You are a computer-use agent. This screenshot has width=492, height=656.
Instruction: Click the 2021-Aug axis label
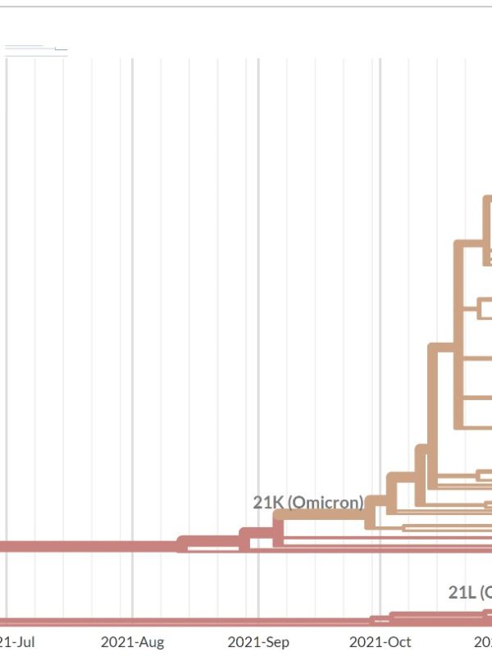[x=132, y=642]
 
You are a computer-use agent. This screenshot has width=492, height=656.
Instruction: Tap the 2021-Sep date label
[x=258, y=642]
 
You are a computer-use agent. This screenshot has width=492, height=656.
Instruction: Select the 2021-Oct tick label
[x=380, y=642]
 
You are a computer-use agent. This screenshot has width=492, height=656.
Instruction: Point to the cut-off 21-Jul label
[x=16, y=642]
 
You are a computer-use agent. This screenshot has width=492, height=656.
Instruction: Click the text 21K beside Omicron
[x=268, y=502]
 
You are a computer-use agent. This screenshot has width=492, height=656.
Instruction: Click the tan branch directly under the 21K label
[x=320, y=514]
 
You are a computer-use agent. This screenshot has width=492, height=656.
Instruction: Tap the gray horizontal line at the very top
[x=246, y=7]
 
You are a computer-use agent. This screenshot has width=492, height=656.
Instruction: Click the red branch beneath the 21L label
[x=443, y=614]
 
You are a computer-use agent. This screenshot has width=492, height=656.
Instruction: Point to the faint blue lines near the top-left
[x=33, y=48]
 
